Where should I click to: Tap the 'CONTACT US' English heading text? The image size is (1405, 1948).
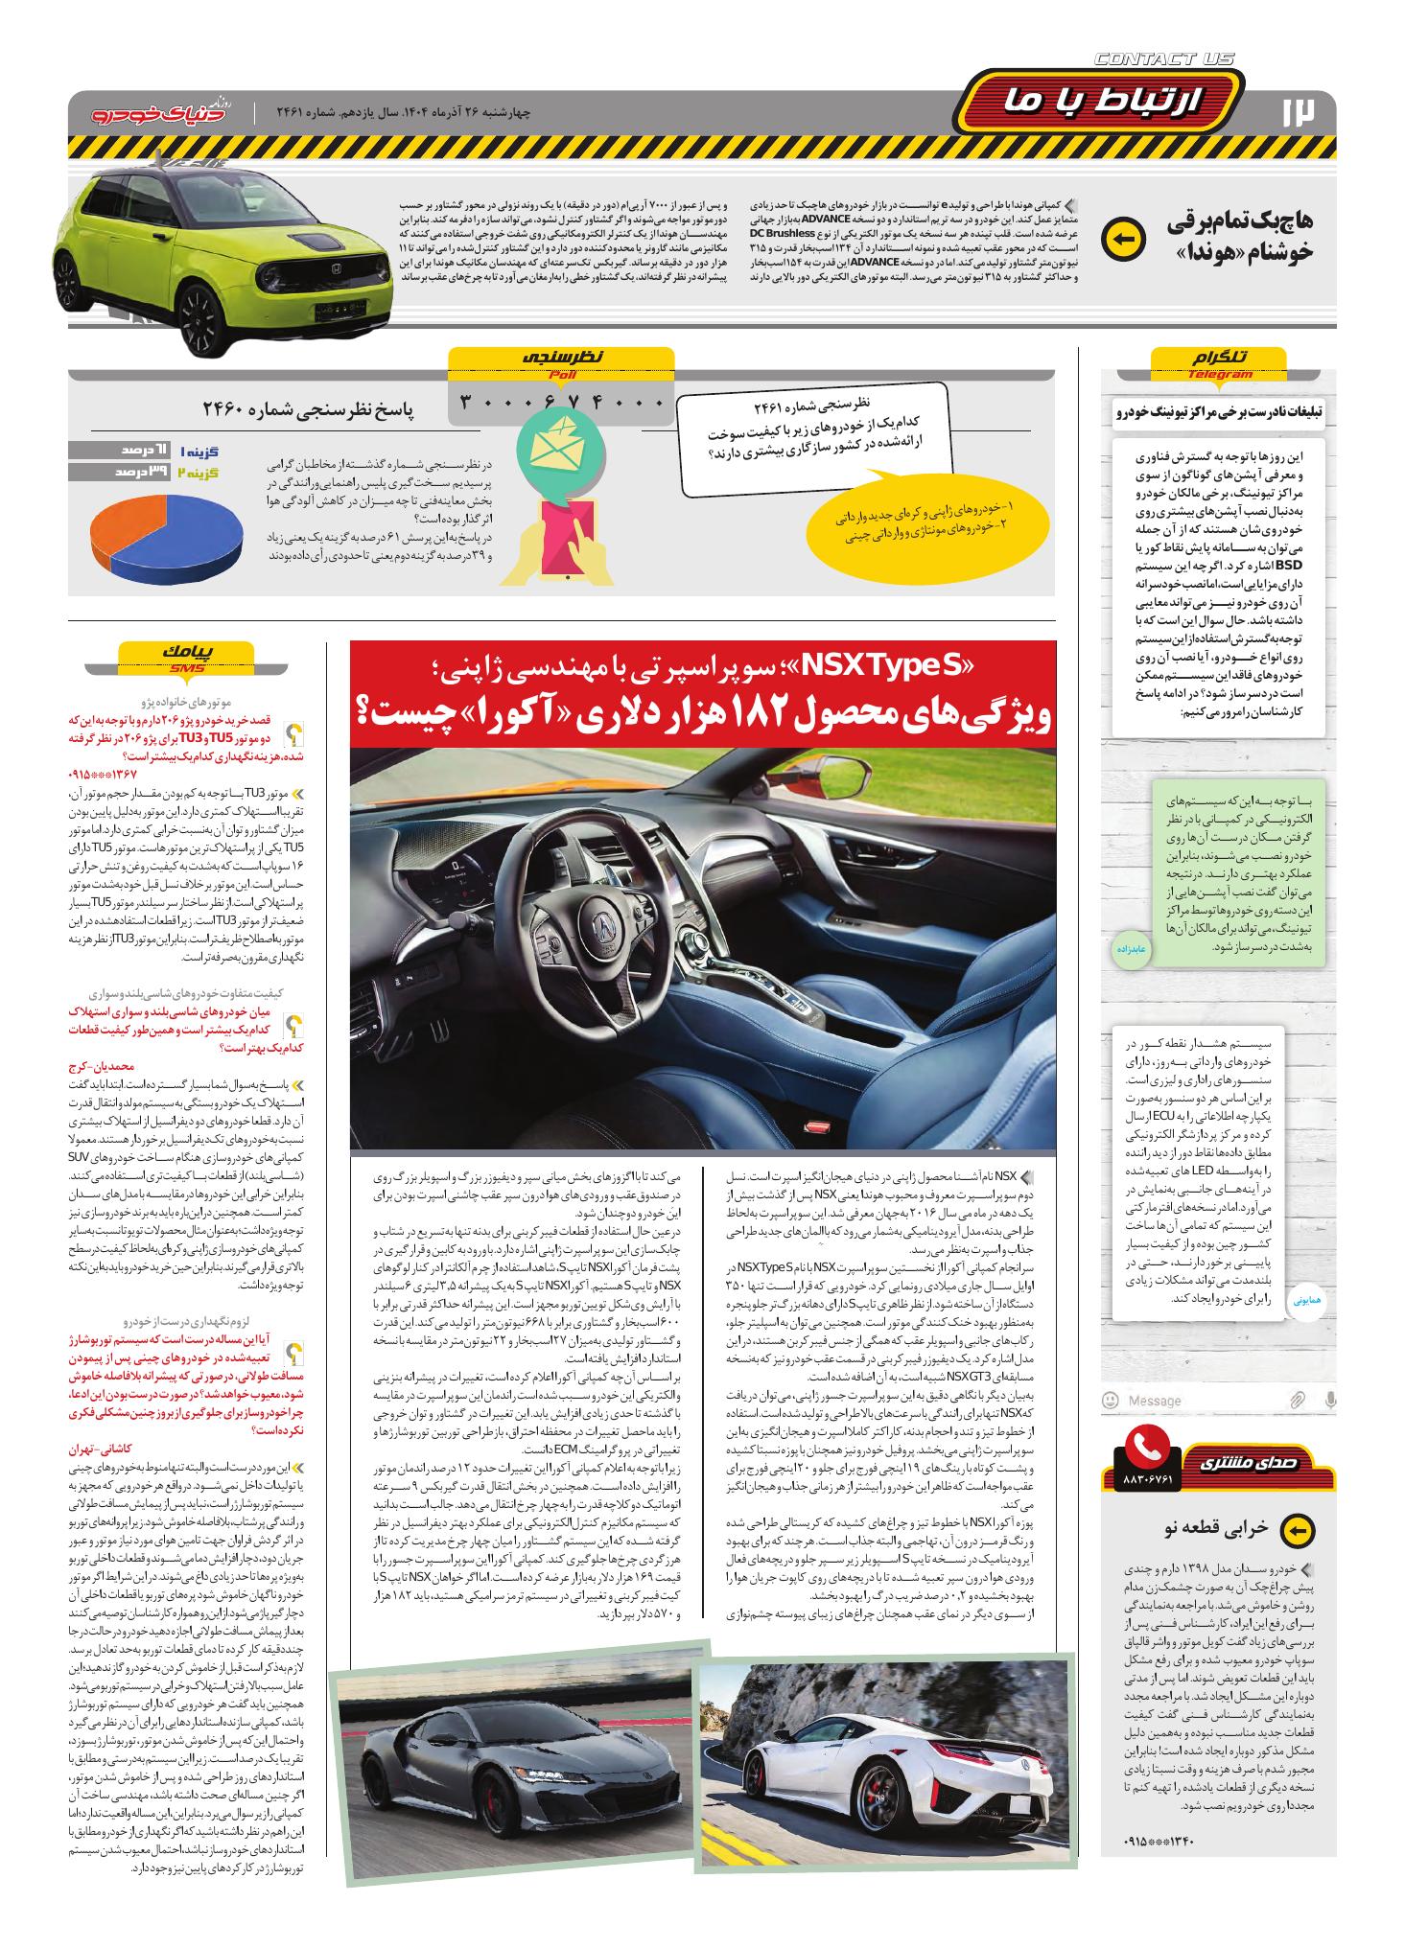click(1163, 59)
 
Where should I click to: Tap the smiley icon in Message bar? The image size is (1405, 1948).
click(1111, 1400)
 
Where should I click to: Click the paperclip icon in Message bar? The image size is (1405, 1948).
click(1297, 1400)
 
